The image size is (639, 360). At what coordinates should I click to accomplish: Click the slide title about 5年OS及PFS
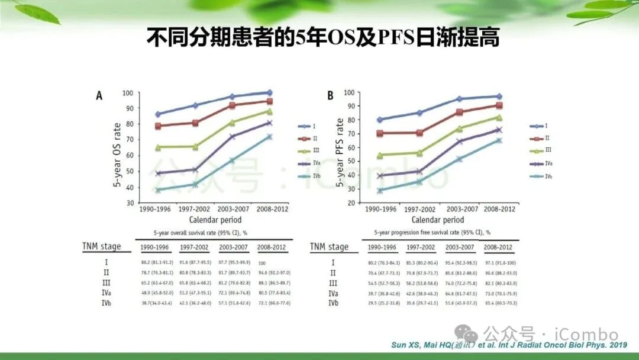click(323, 38)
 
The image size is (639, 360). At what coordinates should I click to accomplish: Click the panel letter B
click(330, 95)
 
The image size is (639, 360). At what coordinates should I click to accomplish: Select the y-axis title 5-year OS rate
click(117, 155)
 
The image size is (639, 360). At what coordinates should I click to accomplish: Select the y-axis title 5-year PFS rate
click(340, 153)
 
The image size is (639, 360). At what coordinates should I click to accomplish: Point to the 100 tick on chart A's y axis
click(127, 93)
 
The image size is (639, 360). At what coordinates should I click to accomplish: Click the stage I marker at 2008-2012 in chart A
click(269, 92)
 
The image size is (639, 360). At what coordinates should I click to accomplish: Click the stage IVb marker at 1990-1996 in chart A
click(157, 190)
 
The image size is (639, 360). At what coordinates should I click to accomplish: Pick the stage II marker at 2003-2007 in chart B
click(459, 112)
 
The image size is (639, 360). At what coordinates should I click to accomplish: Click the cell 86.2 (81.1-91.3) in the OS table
click(156, 262)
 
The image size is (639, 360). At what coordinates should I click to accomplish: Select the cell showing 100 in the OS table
click(262, 262)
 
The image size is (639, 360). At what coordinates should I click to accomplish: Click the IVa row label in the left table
click(106, 292)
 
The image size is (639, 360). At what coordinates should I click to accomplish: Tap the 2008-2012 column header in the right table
click(498, 247)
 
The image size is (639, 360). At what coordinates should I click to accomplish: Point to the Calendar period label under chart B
click(439, 219)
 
